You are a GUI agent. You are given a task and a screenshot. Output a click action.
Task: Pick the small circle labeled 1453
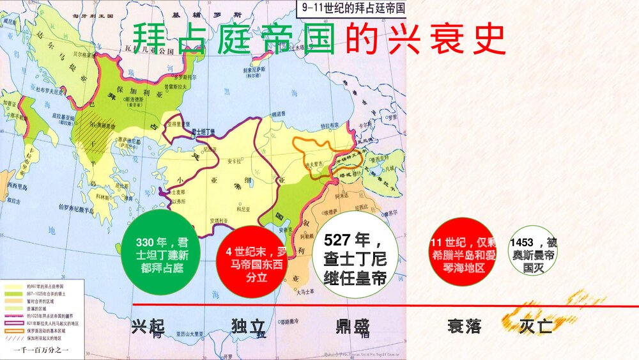click(532, 254)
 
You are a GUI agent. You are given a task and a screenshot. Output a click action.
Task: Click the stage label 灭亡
click(535, 327)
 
